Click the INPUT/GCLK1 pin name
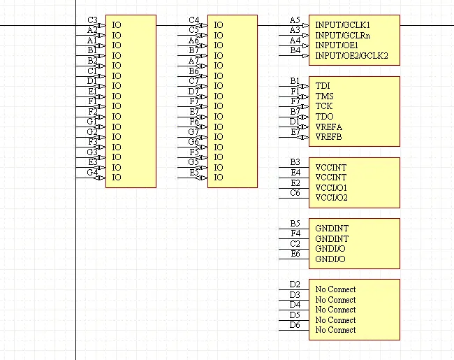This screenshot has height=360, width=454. tap(342, 24)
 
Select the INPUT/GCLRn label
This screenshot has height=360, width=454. tap(342, 35)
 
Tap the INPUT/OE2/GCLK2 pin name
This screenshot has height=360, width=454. tap(351, 55)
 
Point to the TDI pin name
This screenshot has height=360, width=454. tap(323, 85)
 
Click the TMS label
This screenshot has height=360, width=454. tap(324, 96)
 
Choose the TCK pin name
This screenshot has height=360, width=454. tap(324, 106)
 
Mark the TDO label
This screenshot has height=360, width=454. tap(324, 116)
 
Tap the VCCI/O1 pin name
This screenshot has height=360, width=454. tap(331, 188)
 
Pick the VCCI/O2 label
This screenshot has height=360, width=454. tap(331, 198)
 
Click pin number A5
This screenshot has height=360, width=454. tap(295, 20)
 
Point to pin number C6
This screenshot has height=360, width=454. tap(295, 193)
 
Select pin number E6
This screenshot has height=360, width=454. tap(295, 254)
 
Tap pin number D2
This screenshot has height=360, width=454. tap(295, 285)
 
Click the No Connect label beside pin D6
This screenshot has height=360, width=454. tap(335, 330)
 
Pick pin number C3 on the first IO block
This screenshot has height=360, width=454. tap(92, 20)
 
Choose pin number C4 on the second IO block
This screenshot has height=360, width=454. tap(193, 20)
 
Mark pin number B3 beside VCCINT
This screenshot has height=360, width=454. tap(295, 162)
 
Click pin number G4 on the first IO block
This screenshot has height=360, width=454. tap(91, 173)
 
